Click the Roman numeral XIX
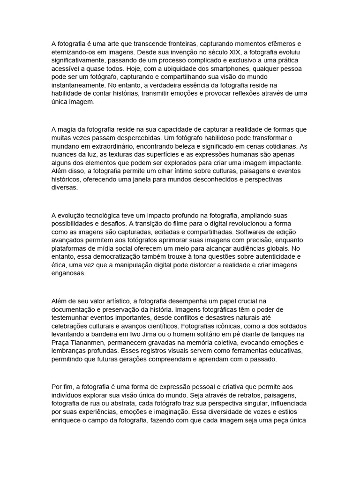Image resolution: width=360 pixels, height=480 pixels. pyautogui.click(x=227, y=52)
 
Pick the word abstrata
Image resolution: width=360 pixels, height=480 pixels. pyautogui.click(x=139, y=404)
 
